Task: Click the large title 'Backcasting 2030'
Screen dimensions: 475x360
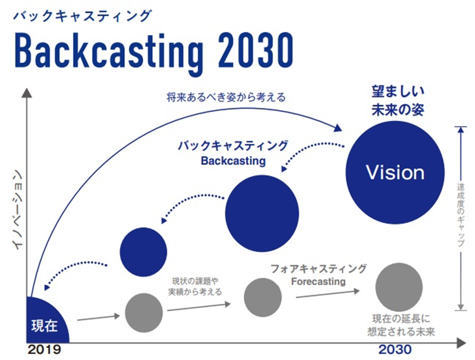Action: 154,51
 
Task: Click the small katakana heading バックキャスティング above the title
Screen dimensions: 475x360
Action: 82,16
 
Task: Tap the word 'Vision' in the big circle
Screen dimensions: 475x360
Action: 395,172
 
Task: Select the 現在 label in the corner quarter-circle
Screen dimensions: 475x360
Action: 45,326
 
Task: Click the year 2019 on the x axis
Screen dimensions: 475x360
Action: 45,349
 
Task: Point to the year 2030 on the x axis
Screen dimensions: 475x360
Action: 395,349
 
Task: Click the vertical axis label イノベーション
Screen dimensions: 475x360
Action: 18,210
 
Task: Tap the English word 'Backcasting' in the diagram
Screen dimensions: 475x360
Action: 233,161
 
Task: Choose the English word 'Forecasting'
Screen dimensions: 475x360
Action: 319,282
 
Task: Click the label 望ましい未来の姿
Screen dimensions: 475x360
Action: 398,101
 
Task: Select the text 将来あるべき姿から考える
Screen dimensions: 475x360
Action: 226,97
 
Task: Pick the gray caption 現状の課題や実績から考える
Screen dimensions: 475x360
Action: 195,286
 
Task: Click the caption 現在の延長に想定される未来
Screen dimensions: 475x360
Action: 401,325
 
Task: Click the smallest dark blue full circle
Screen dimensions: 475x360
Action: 144,252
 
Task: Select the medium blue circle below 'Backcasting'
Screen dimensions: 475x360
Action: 262,213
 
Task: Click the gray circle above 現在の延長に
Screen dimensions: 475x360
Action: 399,287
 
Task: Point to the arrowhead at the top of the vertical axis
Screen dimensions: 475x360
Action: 27,93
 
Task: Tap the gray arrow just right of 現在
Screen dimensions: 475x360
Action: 99,318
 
